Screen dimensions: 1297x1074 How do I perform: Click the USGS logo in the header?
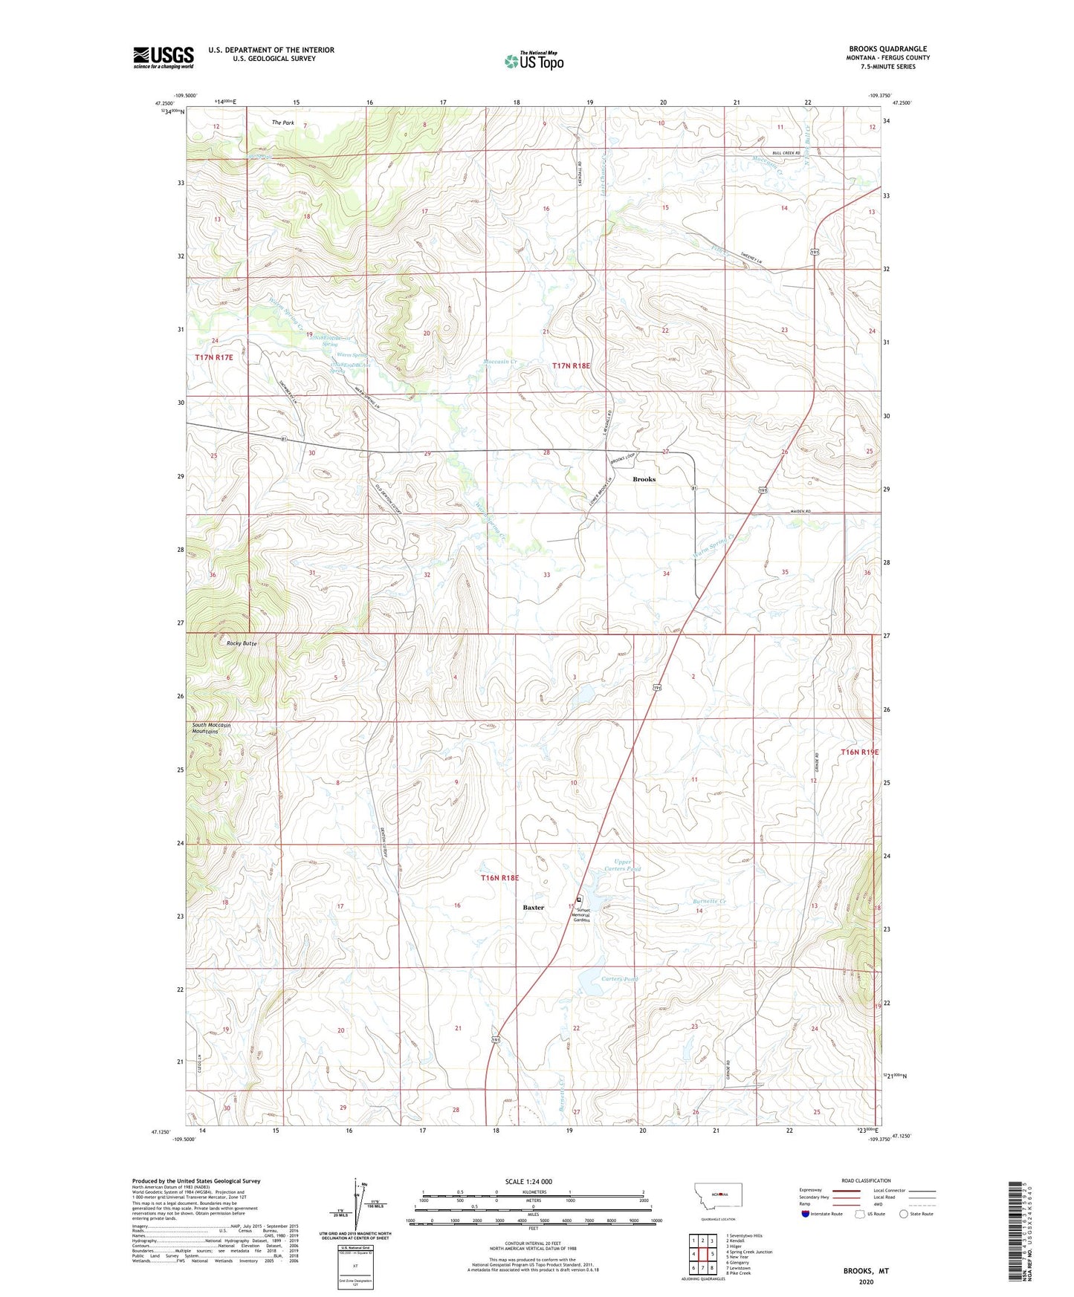point(164,57)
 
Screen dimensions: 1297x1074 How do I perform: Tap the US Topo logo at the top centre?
point(534,61)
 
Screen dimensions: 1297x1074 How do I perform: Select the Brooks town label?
point(644,479)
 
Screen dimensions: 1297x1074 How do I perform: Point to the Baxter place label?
point(533,907)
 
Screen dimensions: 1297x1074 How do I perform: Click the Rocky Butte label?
point(242,643)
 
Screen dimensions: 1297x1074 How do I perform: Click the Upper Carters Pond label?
point(622,865)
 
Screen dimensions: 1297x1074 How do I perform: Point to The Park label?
point(282,123)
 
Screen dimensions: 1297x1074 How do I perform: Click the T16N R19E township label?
point(859,752)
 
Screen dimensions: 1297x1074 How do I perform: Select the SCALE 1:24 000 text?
point(528,1181)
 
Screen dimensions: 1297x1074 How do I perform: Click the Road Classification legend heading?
point(866,1180)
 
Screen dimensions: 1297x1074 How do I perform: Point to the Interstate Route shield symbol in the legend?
point(806,1214)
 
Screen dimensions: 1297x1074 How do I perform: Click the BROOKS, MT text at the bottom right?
point(865,1271)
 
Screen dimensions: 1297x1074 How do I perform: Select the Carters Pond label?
point(619,979)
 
